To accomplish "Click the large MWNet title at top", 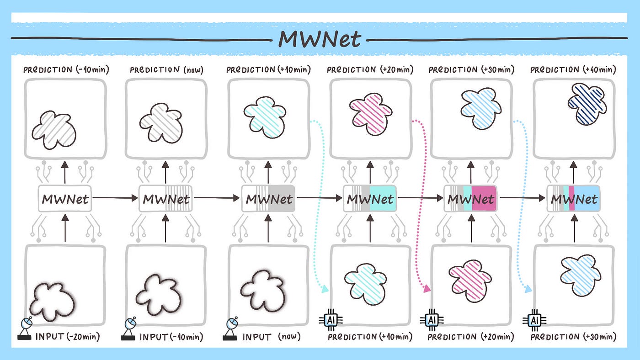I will pos(320,39).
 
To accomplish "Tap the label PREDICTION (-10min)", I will pos(65,70).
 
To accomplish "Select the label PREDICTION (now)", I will pos(166,70).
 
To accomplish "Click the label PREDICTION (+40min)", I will pos(573,70).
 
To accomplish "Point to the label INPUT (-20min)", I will pos(67,337).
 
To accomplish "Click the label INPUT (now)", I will pos(272,337).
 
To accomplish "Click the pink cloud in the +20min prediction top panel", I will pos(370,111).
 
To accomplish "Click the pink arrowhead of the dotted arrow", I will pos(427,288).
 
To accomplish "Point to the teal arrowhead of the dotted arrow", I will pos(325,289).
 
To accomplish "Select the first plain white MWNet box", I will pos(64,199).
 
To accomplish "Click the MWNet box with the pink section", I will pos(471,199).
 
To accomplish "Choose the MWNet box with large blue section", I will pos(574,199).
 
